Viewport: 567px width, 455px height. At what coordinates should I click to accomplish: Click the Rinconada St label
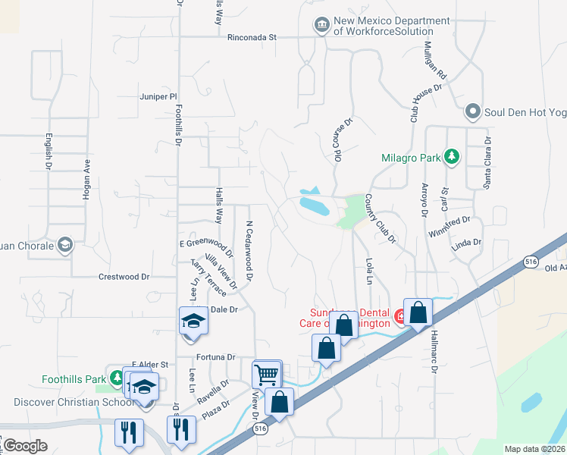[253, 36]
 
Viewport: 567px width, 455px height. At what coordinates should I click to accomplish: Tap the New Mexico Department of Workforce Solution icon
[322, 26]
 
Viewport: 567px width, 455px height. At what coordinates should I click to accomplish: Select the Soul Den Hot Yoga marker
[473, 112]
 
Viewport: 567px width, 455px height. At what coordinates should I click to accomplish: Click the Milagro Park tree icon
[452, 157]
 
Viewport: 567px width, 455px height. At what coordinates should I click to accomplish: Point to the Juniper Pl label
[158, 97]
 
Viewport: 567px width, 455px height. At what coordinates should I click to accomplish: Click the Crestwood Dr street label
[124, 278]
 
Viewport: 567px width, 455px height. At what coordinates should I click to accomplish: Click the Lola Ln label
[369, 270]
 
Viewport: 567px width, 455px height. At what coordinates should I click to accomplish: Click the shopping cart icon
[266, 373]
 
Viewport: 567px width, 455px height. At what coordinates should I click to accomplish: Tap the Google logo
[24, 446]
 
